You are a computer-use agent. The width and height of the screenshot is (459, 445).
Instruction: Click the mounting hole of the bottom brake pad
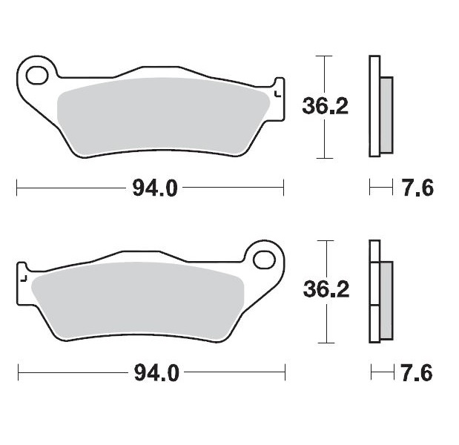[x=263, y=260]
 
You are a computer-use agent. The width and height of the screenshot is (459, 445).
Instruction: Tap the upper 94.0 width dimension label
[x=155, y=188]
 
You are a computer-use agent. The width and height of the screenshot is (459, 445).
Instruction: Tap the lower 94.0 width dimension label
[x=156, y=372]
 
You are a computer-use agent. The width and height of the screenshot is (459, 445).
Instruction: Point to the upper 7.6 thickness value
[x=418, y=188]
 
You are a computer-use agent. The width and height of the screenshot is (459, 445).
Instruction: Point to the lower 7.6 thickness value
[x=418, y=372]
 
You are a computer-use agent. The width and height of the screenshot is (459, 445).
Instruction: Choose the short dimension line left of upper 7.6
[x=380, y=188]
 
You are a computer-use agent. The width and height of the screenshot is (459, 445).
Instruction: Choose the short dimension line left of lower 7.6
[x=380, y=372]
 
